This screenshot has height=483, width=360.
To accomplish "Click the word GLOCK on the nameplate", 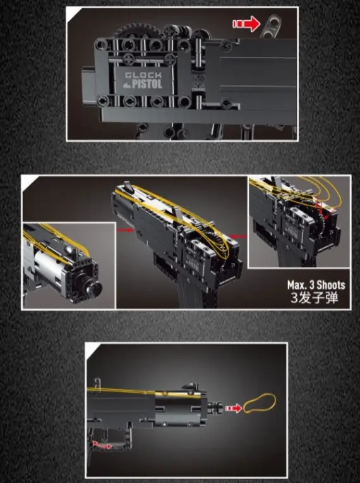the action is pyautogui.click(x=143, y=75).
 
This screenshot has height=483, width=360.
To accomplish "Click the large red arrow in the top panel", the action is pyautogui.click(x=247, y=24).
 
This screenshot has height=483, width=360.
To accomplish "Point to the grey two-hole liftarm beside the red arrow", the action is pyautogui.click(x=271, y=26).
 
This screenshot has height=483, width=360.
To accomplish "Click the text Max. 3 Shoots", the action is pyautogui.click(x=316, y=285).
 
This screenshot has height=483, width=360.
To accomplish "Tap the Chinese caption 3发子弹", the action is pyautogui.click(x=315, y=298).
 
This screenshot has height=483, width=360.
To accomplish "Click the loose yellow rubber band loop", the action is pyautogui.click(x=260, y=403).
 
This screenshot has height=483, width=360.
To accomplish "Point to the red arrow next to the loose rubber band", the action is pyautogui.click(x=234, y=408).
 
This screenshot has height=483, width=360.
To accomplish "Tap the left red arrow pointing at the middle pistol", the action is pyautogui.click(x=126, y=229).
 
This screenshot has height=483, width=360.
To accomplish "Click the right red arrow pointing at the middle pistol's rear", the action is pyautogui.click(x=239, y=236).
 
